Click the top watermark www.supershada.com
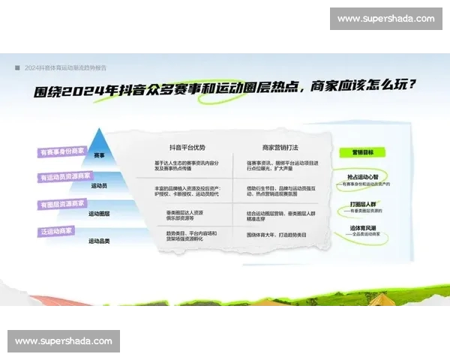tap(385, 19)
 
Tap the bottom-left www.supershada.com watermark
tap(64, 341)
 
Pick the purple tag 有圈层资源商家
tap(63, 204)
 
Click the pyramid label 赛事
tap(100, 155)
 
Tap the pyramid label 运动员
tap(100, 184)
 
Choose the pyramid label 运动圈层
tap(100, 213)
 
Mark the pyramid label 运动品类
tap(100, 241)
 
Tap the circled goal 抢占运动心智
tap(363, 178)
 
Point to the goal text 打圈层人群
tap(363, 202)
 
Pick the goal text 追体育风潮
tap(363, 228)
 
